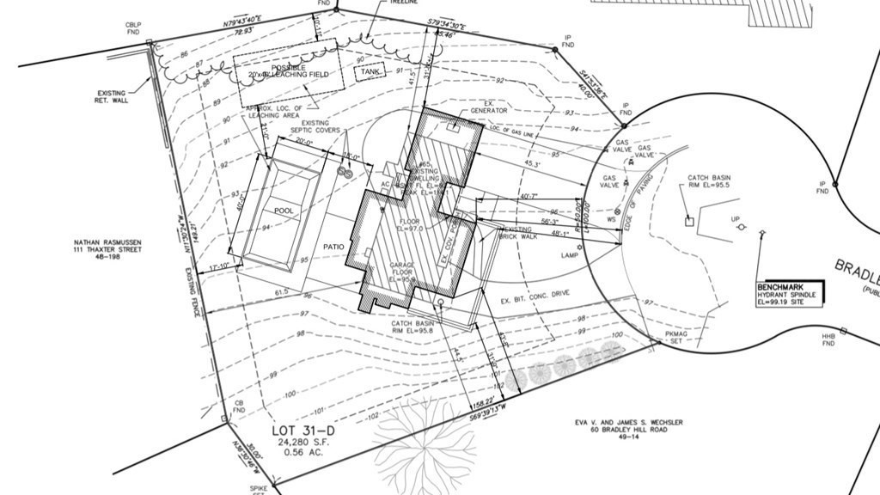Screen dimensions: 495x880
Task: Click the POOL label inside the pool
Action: coord(284,211)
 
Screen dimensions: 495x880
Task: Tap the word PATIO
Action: coord(333,247)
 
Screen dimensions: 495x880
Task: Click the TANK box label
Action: coord(370,72)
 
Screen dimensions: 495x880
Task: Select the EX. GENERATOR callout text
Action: coord(488,107)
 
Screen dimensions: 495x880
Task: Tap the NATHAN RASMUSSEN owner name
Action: coord(107,243)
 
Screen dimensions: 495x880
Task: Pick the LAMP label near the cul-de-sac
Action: coord(567,255)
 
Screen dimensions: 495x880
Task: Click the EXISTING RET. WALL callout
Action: coord(111,96)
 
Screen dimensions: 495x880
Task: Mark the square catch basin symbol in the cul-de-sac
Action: coord(688,222)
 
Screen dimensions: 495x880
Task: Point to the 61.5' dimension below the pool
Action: coord(282,293)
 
